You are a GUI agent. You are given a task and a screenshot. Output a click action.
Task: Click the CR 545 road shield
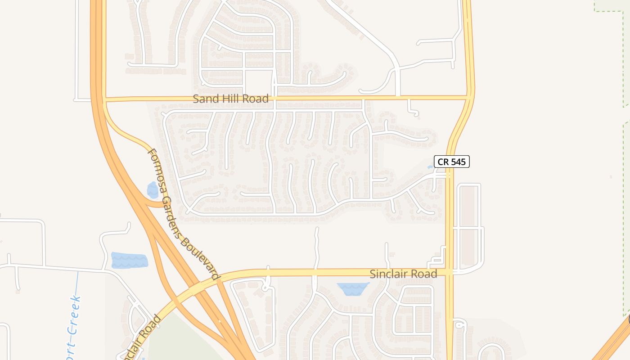click(451, 162)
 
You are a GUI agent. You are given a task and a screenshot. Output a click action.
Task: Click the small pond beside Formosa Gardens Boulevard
click(153, 190)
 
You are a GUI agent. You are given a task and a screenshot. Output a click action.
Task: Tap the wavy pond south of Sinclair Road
click(353, 288)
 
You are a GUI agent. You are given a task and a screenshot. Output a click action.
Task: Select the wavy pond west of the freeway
click(129, 260)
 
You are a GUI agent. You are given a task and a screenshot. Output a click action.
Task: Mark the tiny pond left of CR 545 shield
click(430, 167)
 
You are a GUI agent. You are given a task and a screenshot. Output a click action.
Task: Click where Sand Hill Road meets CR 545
click(469, 97)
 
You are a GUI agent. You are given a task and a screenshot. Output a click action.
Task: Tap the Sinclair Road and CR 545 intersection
click(449, 272)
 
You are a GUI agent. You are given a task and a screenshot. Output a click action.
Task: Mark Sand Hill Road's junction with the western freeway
click(99, 99)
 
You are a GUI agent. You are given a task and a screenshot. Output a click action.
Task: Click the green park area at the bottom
click(180, 342)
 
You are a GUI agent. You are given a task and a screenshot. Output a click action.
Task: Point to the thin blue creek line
click(77, 288)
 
